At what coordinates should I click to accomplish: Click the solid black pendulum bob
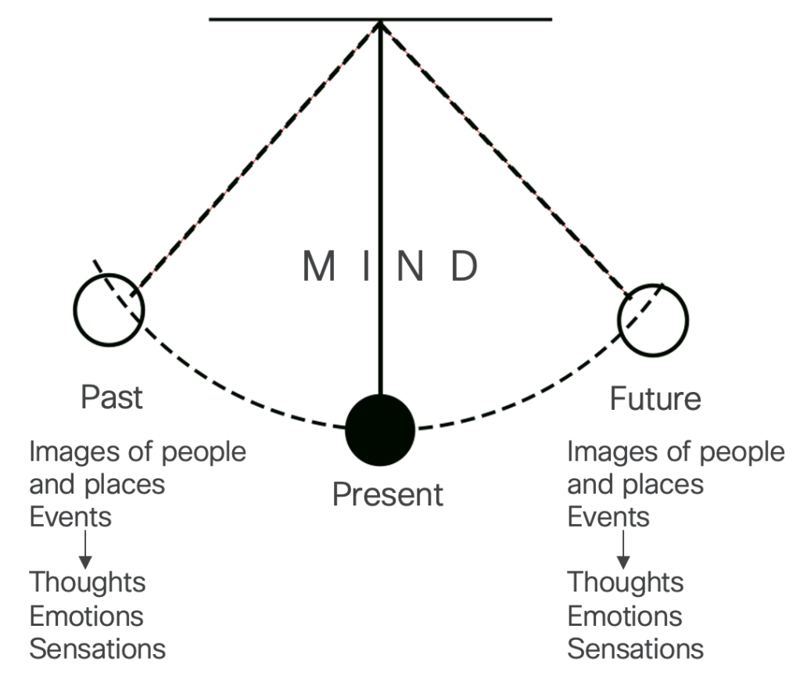(x=380, y=430)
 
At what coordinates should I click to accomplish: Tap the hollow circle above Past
(x=109, y=310)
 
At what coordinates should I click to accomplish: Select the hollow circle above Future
(x=653, y=319)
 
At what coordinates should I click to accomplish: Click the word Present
(x=387, y=494)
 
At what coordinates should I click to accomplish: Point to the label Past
(x=112, y=397)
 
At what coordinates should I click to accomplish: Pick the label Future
(x=655, y=399)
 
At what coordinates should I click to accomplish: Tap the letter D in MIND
(x=463, y=267)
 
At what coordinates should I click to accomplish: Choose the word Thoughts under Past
(x=88, y=582)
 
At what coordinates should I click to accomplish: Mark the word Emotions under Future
(x=625, y=616)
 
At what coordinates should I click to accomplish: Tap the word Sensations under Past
(x=98, y=649)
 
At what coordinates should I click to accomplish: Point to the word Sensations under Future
(x=635, y=649)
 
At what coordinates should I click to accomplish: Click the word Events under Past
(x=70, y=517)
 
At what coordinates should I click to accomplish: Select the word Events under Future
(x=608, y=517)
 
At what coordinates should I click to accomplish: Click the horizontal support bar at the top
(x=297, y=19)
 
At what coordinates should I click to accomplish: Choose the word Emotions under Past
(x=87, y=616)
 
